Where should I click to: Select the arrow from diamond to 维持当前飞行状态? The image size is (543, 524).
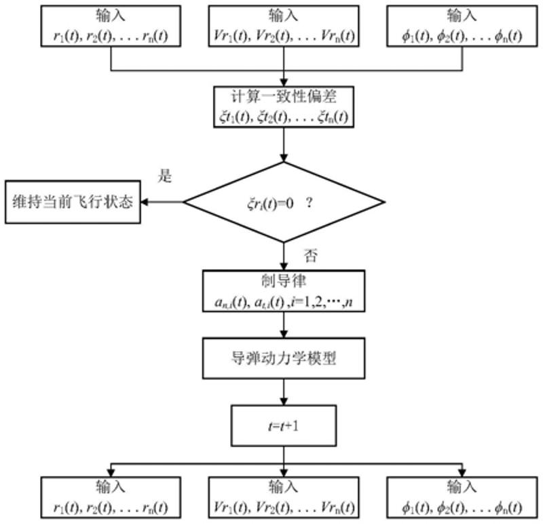point(163,202)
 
